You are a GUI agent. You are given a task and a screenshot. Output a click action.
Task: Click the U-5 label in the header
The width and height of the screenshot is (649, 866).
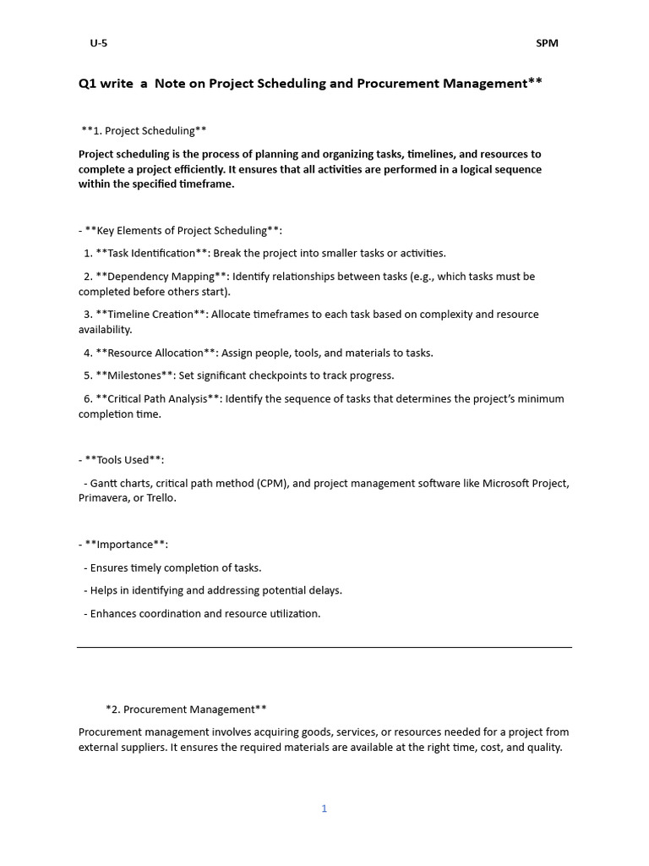click(99, 43)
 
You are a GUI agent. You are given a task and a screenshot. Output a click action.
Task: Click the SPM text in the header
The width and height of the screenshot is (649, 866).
click(547, 43)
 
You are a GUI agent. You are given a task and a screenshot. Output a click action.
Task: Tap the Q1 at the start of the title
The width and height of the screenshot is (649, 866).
click(88, 83)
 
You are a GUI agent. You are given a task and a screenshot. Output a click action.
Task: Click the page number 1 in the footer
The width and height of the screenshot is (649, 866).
click(324, 808)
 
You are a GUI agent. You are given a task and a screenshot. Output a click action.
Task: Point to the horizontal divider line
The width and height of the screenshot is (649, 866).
click(324, 648)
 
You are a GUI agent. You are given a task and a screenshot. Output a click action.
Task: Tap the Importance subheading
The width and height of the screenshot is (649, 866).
click(125, 545)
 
